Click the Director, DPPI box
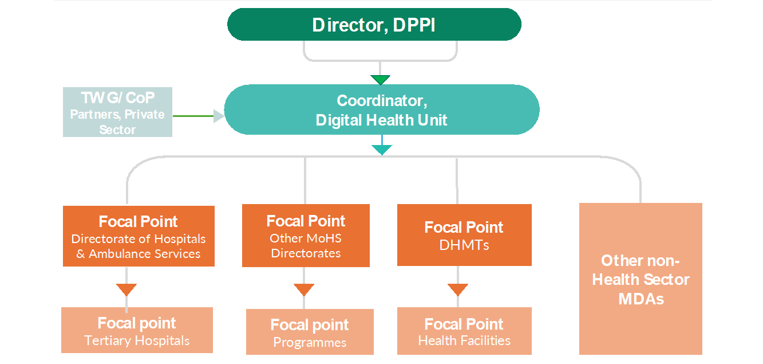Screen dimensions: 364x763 click(374, 25)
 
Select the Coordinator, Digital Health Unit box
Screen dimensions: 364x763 click(381, 110)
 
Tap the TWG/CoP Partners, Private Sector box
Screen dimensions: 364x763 click(117, 112)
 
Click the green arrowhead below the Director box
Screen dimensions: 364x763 click(380, 80)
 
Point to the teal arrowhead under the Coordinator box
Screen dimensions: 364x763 click(381, 150)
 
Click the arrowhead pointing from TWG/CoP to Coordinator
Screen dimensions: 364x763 click(219, 116)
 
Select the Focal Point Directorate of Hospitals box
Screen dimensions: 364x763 click(139, 236)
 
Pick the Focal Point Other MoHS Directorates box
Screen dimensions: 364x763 click(306, 236)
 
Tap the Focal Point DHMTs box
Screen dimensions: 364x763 click(464, 235)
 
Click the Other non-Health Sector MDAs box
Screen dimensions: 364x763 click(641, 279)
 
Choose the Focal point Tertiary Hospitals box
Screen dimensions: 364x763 click(137, 330)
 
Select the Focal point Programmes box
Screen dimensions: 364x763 click(310, 332)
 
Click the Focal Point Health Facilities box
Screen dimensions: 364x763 click(464, 331)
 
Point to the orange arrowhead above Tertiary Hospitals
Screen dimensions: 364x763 click(126, 289)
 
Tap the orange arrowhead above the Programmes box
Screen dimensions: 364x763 click(305, 289)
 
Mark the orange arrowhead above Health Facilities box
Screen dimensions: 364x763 click(458, 289)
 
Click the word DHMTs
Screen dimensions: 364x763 click(464, 245)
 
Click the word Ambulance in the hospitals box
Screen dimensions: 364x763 click(116, 253)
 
